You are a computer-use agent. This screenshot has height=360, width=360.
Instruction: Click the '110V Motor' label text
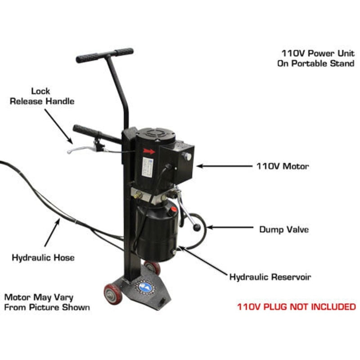tap(283, 166)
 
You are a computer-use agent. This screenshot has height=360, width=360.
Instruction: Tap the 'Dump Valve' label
tap(283, 229)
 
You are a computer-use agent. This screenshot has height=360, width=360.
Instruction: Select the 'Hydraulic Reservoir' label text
tap(270, 277)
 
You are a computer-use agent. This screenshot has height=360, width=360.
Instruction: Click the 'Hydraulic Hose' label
tap(43, 258)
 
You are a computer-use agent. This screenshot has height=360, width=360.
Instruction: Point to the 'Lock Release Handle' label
tap(42, 96)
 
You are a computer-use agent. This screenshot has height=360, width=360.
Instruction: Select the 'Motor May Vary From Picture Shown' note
tap(47, 302)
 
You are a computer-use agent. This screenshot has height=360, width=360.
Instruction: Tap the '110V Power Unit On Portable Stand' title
tap(315, 58)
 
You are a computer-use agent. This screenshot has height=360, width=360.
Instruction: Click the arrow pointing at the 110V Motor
tap(223, 166)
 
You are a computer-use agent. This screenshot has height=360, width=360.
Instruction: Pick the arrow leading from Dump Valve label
tap(229, 228)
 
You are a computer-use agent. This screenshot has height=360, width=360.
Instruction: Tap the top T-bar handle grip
tap(104, 55)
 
